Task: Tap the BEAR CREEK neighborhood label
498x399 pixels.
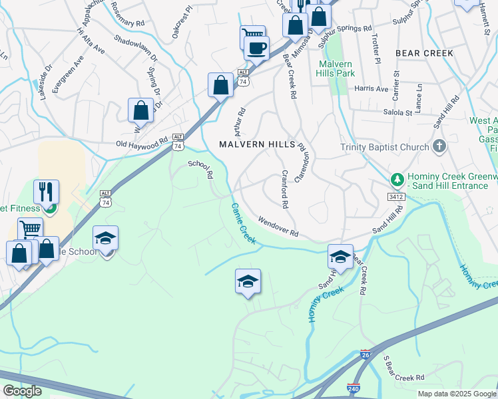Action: [424, 53]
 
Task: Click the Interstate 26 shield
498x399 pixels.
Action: [365, 356]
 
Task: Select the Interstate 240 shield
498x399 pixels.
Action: [353, 387]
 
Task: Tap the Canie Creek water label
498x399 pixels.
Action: [243, 223]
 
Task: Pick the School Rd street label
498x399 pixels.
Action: [200, 170]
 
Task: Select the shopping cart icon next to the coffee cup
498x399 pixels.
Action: [252, 37]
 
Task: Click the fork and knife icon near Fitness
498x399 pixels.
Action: [46, 192]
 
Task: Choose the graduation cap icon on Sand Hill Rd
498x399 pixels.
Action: [340, 257]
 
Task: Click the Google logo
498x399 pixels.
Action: [22, 391]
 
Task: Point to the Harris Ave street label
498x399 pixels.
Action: [371, 88]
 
